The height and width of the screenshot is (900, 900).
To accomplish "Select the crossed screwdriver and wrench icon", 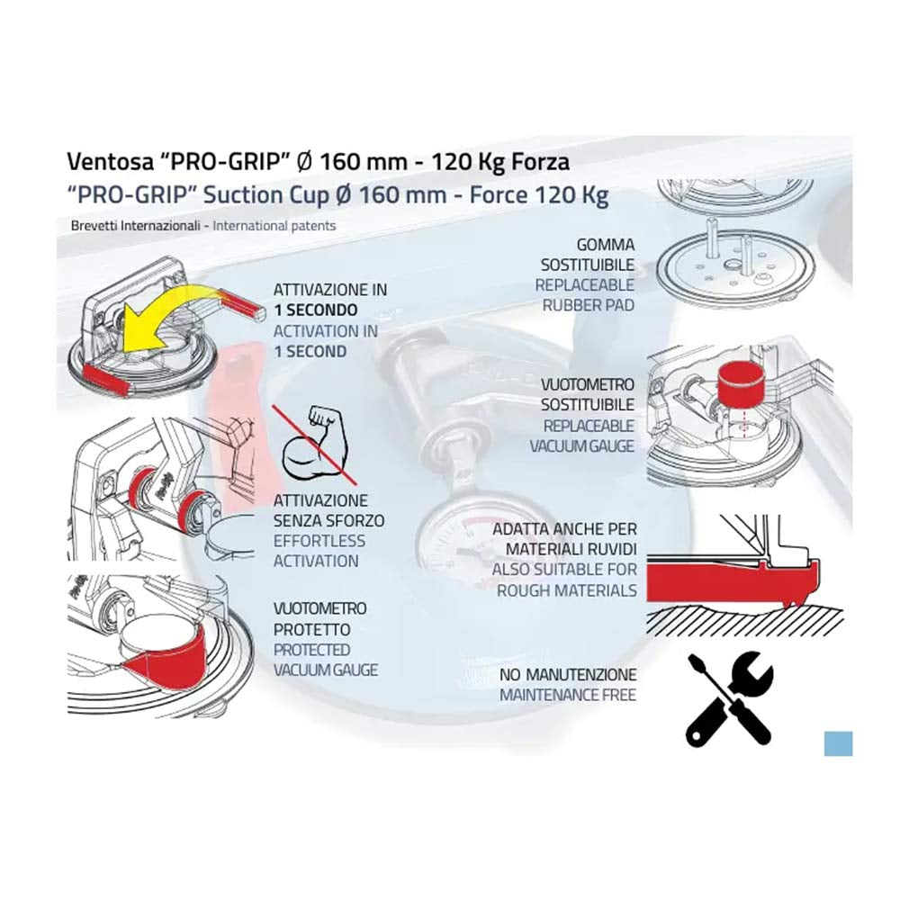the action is [729, 698].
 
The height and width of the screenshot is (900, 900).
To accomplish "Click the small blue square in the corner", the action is [838, 743].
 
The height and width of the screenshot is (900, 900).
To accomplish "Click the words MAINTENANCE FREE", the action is [568, 695].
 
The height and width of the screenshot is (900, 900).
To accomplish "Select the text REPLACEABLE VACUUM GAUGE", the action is [582, 436].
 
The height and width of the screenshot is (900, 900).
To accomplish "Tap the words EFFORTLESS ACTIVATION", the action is [319, 551].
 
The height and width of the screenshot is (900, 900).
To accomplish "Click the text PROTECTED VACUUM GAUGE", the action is [326, 660].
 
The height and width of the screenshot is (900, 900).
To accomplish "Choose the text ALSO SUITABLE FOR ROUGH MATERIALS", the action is [565, 580].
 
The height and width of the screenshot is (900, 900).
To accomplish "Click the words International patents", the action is [274, 226].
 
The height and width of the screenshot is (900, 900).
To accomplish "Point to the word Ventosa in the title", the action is [110, 162].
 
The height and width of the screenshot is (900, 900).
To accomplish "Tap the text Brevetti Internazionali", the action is [136, 226].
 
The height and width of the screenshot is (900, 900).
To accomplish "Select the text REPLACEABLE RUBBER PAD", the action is [585, 295].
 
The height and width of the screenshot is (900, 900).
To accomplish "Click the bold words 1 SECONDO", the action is [316, 310].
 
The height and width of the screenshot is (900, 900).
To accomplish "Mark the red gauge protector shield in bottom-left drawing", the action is [166, 660].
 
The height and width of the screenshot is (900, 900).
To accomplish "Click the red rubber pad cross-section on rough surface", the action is [733, 580].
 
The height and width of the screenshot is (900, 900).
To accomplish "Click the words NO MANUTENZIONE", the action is [568, 675].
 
